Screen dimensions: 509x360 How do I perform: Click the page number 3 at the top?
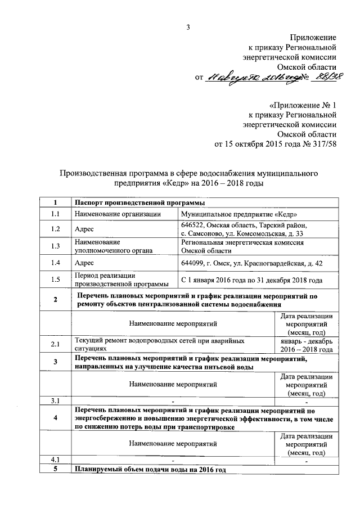click(x=190, y=27)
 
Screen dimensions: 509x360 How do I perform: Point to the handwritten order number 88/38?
click(x=323, y=77)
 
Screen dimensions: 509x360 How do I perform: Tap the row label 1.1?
click(x=55, y=214)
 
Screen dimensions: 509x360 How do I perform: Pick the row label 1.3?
click(x=55, y=246)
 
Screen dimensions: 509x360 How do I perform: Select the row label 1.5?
click(x=55, y=279)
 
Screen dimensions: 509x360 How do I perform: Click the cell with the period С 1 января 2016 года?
click(x=251, y=279)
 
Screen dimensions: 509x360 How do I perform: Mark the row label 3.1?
click(x=55, y=401)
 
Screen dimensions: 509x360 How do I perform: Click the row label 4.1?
click(x=55, y=460)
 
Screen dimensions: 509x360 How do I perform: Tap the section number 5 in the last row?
click(x=55, y=469)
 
